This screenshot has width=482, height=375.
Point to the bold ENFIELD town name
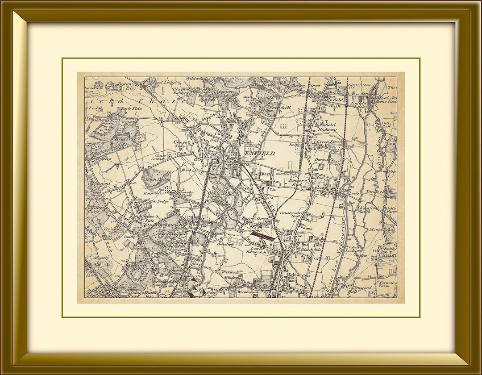click(x=260, y=153)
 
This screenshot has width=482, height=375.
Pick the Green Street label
click(x=329, y=142)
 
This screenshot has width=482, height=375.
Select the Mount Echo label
click(x=380, y=229)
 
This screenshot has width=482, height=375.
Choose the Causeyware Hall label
click(x=292, y=216)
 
